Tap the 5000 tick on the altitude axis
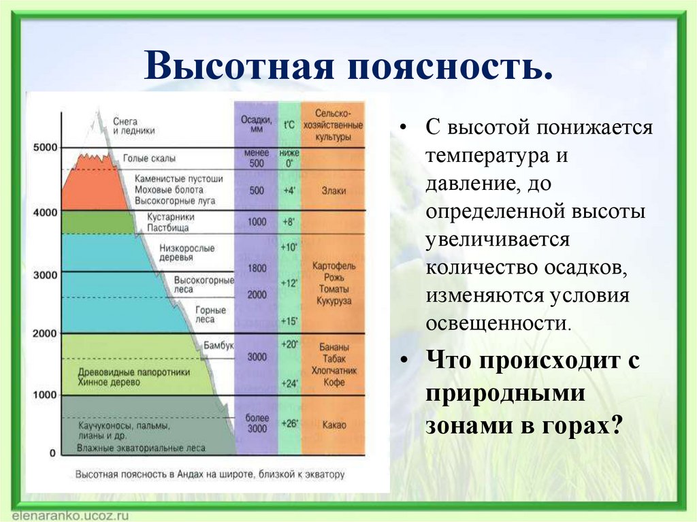pos(45,148)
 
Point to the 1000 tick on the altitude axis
pos(45,395)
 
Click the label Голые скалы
pos(149,158)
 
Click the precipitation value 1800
pos(257,269)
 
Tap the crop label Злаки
pos(334,191)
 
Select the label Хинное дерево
pos(109,382)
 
